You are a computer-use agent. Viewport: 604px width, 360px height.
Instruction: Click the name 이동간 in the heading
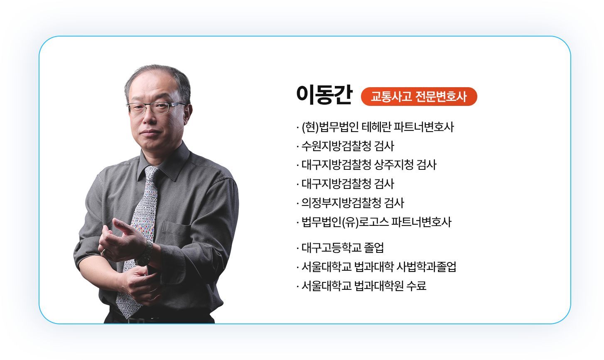(324, 96)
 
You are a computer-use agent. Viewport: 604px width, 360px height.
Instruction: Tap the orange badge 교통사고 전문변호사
(419, 97)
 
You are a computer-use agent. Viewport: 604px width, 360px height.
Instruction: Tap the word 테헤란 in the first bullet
(376, 127)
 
